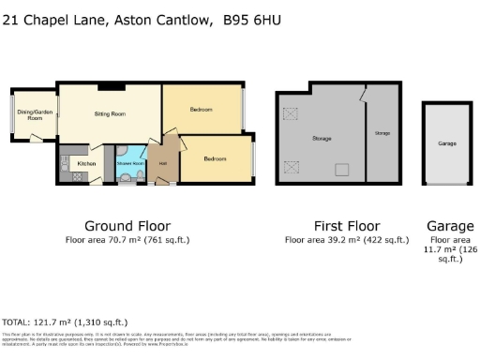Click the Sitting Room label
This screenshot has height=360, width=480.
112,112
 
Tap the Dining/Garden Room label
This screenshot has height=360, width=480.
35,116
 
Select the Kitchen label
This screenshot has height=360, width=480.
86,163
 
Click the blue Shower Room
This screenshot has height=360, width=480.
130,162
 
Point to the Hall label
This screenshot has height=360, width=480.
162,164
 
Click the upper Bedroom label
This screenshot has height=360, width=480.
202,110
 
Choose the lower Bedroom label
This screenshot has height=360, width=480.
217,158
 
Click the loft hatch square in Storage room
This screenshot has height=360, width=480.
342,170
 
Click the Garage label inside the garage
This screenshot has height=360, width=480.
447,143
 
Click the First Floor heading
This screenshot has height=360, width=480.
347,226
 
